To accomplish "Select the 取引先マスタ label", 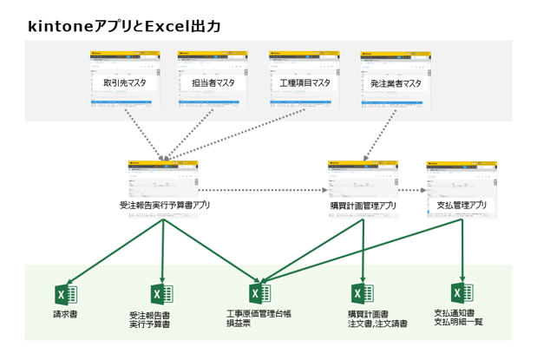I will pyautogui.click(x=124, y=83).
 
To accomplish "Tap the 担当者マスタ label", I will pyautogui.click(x=213, y=83).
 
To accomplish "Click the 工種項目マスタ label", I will pyautogui.click(x=303, y=83).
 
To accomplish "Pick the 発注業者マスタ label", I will pyautogui.click(x=392, y=83).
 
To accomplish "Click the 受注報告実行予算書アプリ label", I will pyautogui.click(x=165, y=206).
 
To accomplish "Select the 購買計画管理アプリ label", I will pyautogui.click(x=363, y=206).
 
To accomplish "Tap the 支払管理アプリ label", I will pyautogui.click(x=461, y=206).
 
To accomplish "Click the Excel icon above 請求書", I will pyautogui.click(x=66, y=294).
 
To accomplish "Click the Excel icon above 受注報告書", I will pyautogui.click(x=161, y=294).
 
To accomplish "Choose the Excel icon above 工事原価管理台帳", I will pyautogui.click(x=259, y=294).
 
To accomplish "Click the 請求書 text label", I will pyautogui.click(x=66, y=314).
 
